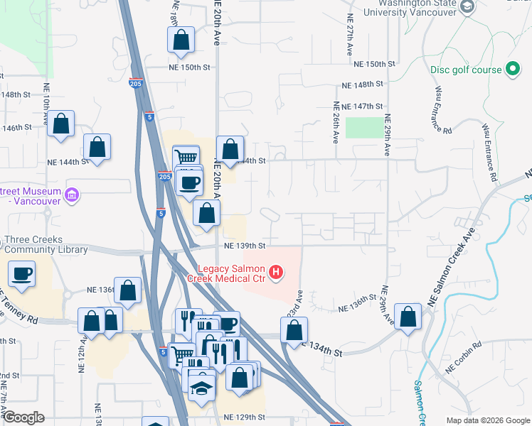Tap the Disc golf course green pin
tap(512, 70)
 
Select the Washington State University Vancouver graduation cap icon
tap(467, 7)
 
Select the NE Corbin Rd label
tap(464, 366)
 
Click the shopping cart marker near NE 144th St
tap(186, 158)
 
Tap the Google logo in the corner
tap(23, 417)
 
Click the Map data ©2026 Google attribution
tap(487, 420)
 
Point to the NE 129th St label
tap(240, 417)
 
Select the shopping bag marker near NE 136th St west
tap(127, 290)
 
